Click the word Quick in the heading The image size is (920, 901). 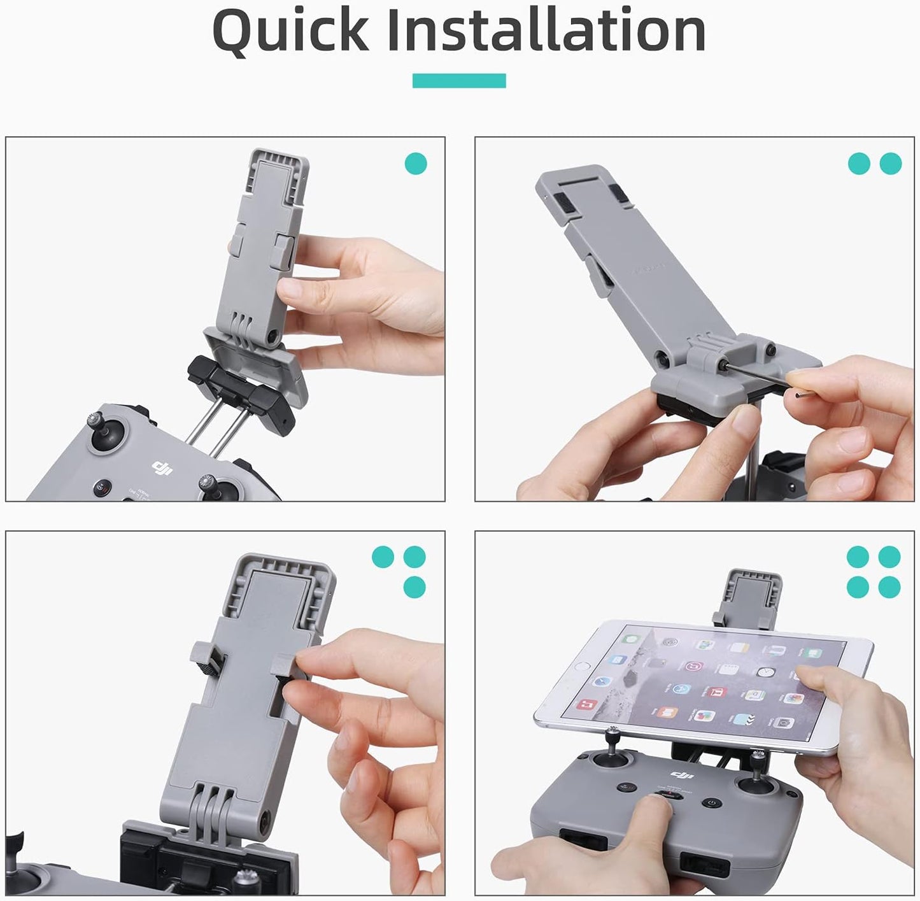(x=290, y=31)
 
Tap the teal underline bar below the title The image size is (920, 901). (x=459, y=81)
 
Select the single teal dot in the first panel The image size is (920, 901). (x=416, y=164)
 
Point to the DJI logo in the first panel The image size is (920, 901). (x=162, y=469)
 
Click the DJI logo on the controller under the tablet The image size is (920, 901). (x=681, y=774)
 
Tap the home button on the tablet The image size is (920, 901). (x=579, y=666)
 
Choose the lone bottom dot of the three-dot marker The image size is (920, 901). (x=414, y=586)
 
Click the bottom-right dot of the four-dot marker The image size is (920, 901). (x=889, y=586)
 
